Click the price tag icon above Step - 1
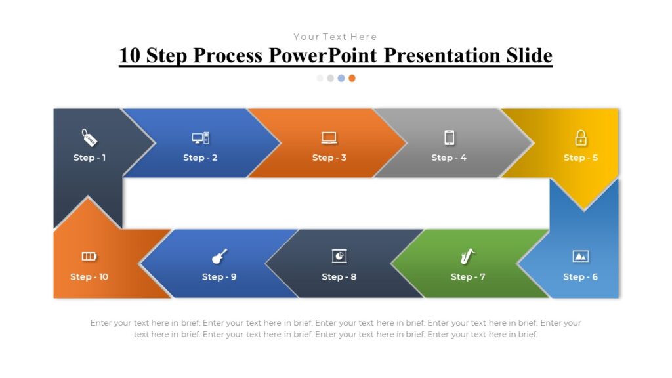pos(89,138)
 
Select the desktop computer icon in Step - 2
pos(201,138)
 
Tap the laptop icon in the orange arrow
pos(329,138)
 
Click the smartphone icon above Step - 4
pos(449,138)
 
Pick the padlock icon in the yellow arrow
pos(581,138)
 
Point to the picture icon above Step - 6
pos(580,256)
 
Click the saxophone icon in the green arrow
pos(467,256)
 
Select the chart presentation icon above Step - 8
pos(339,256)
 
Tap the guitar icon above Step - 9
pos(219,256)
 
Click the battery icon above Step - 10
pos(89,256)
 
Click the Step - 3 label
pos(329,157)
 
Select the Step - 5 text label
pos(581,157)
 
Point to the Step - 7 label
pos(468,277)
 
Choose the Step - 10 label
pos(89,277)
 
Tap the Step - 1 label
pos(89,157)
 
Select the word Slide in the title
pos(529,56)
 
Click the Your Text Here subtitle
pos(335,37)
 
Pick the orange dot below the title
pos(352,78)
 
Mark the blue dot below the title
pos(341,78)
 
